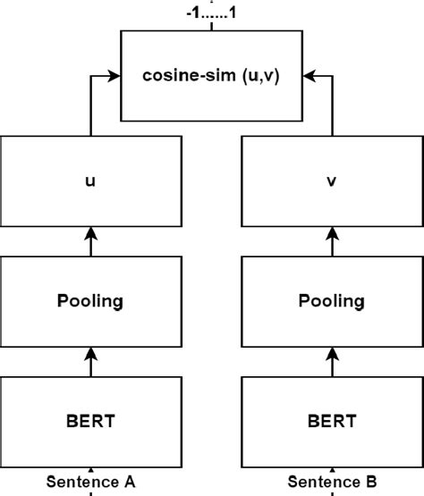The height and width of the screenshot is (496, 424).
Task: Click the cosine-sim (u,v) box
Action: click(x=211, y=75)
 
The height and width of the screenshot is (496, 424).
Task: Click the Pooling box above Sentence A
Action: click(x=91, y=299)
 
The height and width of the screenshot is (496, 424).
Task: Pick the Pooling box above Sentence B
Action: click(x=332, y=299)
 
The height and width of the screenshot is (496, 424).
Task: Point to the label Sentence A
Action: click(x=91, y=482)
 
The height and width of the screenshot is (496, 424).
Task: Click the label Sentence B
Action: click(x=332, y=482)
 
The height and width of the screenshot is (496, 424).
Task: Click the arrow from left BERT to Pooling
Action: click(x=91, y=363)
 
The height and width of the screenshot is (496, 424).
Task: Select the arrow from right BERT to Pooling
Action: click(x=332, y=363)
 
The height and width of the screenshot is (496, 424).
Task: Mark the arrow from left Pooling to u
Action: click(x=91, y=240)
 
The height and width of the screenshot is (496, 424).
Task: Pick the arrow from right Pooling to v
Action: click(x=332, y=240)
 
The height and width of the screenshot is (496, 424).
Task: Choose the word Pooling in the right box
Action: click(x=332, y=299)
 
